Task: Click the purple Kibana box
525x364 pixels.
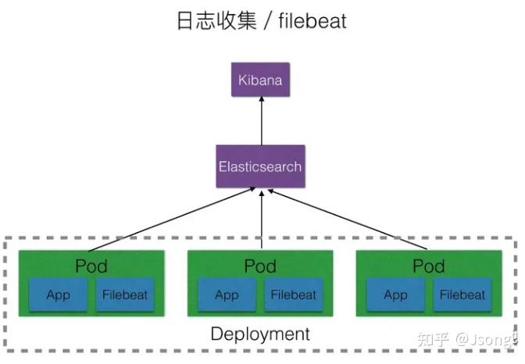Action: pyautogui.click(x=261, y=80)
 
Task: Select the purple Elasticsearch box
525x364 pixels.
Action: pyautogui.click(x=260, y=166)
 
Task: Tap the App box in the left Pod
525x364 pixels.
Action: pyautogui.click(x=58, y=294)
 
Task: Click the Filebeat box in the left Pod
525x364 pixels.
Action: pyautogui.click(x=124, y=294)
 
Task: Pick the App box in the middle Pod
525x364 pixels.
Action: pyautogui.click(x=227, y=294)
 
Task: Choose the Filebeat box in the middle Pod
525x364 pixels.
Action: pyautogui.click(x=294, y=294)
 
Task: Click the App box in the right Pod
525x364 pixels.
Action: pyautogui.click(x=395, y=294)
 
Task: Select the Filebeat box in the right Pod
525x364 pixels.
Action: pyautogui.click(x=462, y=294)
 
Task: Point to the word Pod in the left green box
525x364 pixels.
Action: pyautogui.click(x=91, y=266)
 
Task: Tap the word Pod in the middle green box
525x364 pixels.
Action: pyautogui.click(x=260, y=266)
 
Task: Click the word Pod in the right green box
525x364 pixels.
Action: pyautogui.click(x=429, y=266)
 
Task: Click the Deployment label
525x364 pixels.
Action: pyautogui.click(x=260, y=334)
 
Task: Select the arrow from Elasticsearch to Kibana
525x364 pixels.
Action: pyautogui.click(x=261, y=121)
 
